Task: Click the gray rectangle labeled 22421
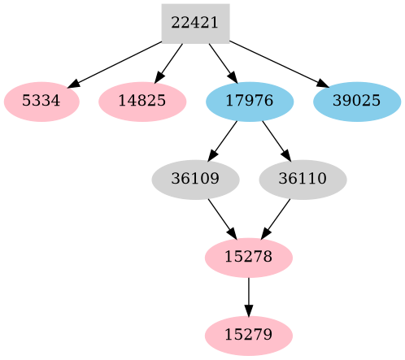coord(195,23)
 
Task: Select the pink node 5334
coord(41,102)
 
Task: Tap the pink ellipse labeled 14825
coord(142,102)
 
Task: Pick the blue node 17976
coord(250,102)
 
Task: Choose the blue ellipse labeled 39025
coord(357,102)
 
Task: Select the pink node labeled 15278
coord(249,258)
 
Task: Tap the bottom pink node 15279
coord(249,335)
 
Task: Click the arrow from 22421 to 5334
coord(118,63)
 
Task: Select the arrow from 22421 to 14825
coord(169,62)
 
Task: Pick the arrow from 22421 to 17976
coord(222,62)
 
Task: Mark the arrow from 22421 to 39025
coord(277,63)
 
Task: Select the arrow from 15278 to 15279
coord(249,296)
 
